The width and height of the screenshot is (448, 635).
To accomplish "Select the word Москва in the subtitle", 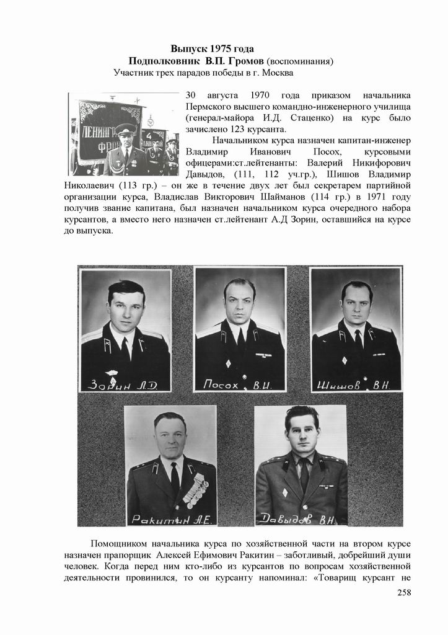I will click(x=276, y=73).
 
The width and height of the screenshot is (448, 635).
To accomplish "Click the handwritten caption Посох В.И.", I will click(x=239, y=385).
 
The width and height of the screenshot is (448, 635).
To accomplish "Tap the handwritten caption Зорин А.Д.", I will click(x=123, y=385).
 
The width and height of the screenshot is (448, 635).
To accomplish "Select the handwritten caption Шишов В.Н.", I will click(x=355, y=385).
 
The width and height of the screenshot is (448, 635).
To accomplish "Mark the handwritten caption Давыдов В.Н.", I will click(x=299, y=518).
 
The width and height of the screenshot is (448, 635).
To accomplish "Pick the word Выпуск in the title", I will click(x=189, y=49).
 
